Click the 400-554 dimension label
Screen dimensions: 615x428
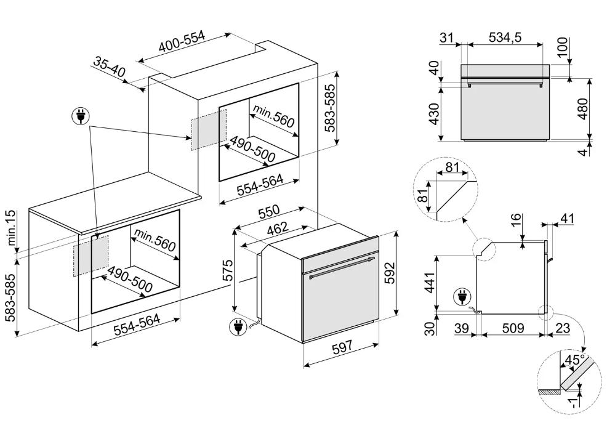click(x=182, y=42)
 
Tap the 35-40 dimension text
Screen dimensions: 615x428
click(x=110, y=67)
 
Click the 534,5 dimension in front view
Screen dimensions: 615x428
click(x=505, y=38)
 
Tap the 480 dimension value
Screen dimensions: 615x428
click(x=583, y=109)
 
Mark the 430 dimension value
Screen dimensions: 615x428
click(x=434, y=114)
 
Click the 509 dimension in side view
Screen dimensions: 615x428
click(x=513, y=328)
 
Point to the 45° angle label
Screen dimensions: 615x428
click(x=574, y=360)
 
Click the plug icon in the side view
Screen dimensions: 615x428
click(x=462, y=297)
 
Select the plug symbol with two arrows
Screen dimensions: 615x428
click(x=81, y=116)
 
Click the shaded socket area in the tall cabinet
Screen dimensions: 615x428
click(x=209, y=129)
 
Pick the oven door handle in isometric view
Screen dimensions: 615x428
click(x=341, y=267)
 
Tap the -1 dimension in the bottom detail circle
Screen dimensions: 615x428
click(x=574, y=402)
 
